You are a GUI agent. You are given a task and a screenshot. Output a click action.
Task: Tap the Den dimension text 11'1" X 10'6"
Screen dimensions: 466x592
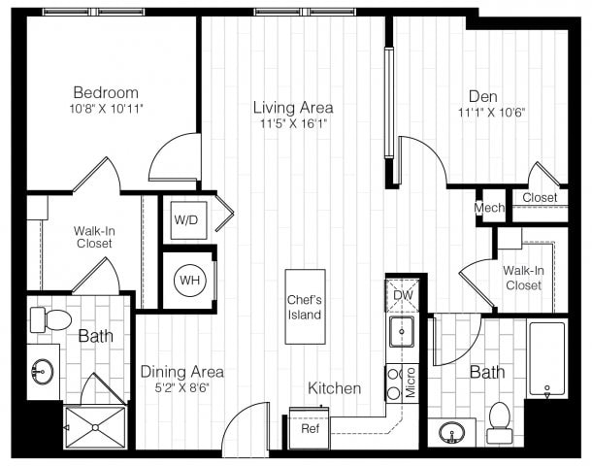[471, 111]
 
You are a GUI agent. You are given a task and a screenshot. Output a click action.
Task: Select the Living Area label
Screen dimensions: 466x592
[293, 107]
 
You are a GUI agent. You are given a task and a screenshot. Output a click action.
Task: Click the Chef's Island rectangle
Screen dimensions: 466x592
[304, 307]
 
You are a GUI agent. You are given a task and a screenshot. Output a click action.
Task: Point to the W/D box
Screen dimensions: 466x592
[186, 220]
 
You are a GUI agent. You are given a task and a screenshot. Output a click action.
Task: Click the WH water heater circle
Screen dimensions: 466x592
[187, 281]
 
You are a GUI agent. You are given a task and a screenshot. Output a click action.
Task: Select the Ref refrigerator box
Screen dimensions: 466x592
[311, 428]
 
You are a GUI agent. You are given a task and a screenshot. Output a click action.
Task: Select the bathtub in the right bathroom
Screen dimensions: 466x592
[546, 359]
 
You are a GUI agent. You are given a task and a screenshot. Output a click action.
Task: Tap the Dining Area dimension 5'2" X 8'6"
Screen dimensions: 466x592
[182, 387]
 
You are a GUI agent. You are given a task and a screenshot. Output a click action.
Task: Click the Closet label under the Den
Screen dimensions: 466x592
[540, 198]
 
